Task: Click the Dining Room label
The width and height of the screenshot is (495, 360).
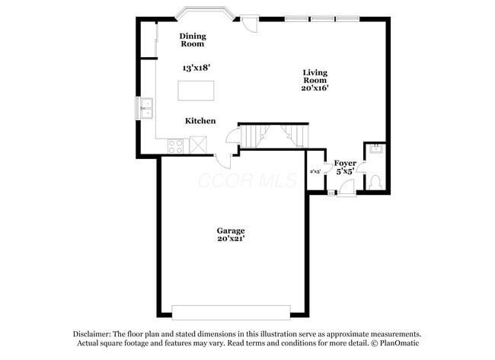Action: click(x=193, y=40)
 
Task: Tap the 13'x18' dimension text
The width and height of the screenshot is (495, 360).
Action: click(x=196, y=68)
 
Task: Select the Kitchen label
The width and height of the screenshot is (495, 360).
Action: click(x=200, y=121)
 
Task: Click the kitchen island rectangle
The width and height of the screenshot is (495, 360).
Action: click(x=195, y=90)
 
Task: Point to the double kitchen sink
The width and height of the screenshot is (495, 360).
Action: click(x=145, y=109)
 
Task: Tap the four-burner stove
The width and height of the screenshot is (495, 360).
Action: click(x=177, y=145)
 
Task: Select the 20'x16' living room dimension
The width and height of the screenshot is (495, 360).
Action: click(x=314, y=88)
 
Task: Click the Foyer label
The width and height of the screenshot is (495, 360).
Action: click(x=345, y=163)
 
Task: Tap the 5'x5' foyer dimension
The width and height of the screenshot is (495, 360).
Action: click(x=345, y=172)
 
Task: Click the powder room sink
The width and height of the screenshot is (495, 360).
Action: click(x=374, y=150)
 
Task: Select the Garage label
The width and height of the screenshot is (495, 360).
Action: click(x=230, y=231)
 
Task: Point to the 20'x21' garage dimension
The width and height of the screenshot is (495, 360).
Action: click(x=230, y=239)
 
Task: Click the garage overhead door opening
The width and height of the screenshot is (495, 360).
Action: click(x=231, y=312)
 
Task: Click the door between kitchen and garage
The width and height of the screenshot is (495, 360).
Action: click(x=225, y=161)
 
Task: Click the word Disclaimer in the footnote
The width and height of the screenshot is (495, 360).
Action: click(x=92, y=334)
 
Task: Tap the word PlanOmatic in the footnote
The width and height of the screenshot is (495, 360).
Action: click(x=399, y=343)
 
